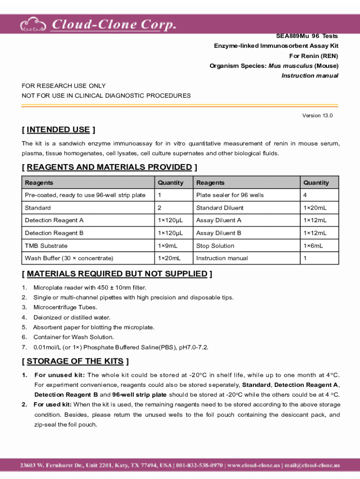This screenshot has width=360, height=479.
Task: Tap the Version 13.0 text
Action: pos(318,116)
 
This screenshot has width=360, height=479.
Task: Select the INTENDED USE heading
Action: pos(58,130)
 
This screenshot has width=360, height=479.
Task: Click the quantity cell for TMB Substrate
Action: pos(168,246)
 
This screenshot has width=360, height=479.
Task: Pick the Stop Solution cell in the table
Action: pos(215,246)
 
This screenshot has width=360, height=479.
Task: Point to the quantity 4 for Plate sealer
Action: pos(305,195)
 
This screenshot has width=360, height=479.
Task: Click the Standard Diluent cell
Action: pos(220,208)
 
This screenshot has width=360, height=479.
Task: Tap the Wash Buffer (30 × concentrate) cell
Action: pos(69,258)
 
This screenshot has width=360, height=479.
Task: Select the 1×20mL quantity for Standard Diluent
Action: pos(315,208)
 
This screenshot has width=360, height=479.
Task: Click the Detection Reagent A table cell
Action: pos(54,220)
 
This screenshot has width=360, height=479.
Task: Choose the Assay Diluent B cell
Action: pos(219,233)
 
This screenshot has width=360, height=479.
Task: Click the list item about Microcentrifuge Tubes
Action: pos(65,307)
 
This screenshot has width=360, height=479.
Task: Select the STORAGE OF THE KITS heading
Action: pos(75,361)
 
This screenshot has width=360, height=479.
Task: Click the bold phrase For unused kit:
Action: pos(59,375)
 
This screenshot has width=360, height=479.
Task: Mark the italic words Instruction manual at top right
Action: pos(310,76)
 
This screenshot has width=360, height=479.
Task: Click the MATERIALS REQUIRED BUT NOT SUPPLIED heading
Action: pos(117,274)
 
